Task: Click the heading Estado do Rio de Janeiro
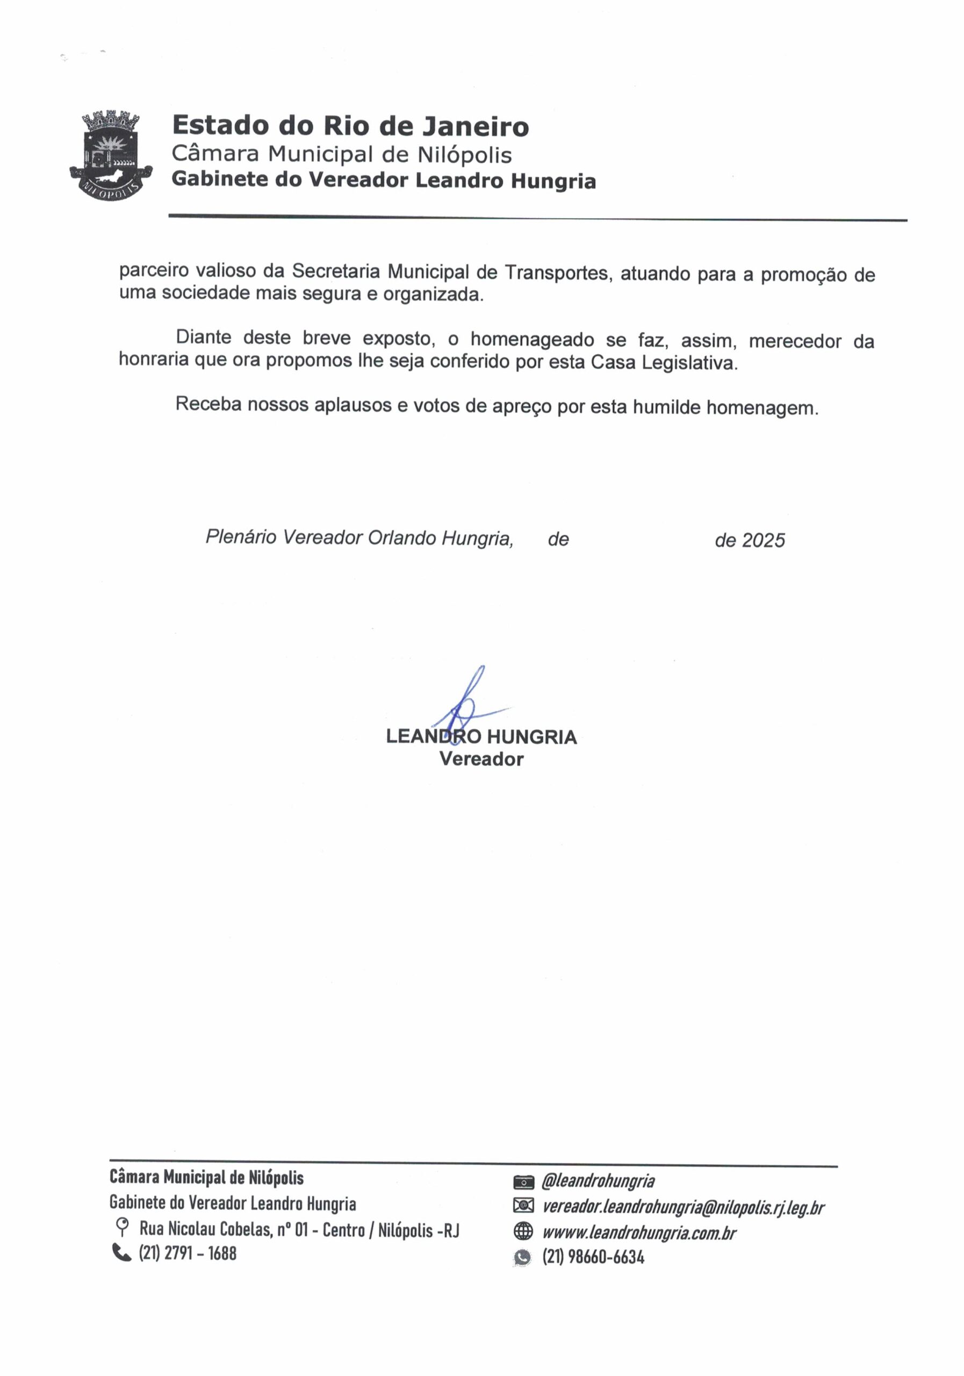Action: point(350,126)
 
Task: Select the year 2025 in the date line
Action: point(762,541)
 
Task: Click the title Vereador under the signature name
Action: point(481,759)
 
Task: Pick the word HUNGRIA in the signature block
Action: point(531,736)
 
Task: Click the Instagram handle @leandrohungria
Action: point(598,1181)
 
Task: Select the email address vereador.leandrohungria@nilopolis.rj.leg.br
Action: point(683,1207)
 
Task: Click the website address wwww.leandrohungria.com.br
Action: point(639,1233)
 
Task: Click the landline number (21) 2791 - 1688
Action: point(188,1253)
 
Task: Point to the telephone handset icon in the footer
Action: point(121,1252)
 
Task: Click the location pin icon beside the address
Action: point(122,1228)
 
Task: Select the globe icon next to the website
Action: point(523,1232)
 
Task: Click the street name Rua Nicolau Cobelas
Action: point(205,1230)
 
